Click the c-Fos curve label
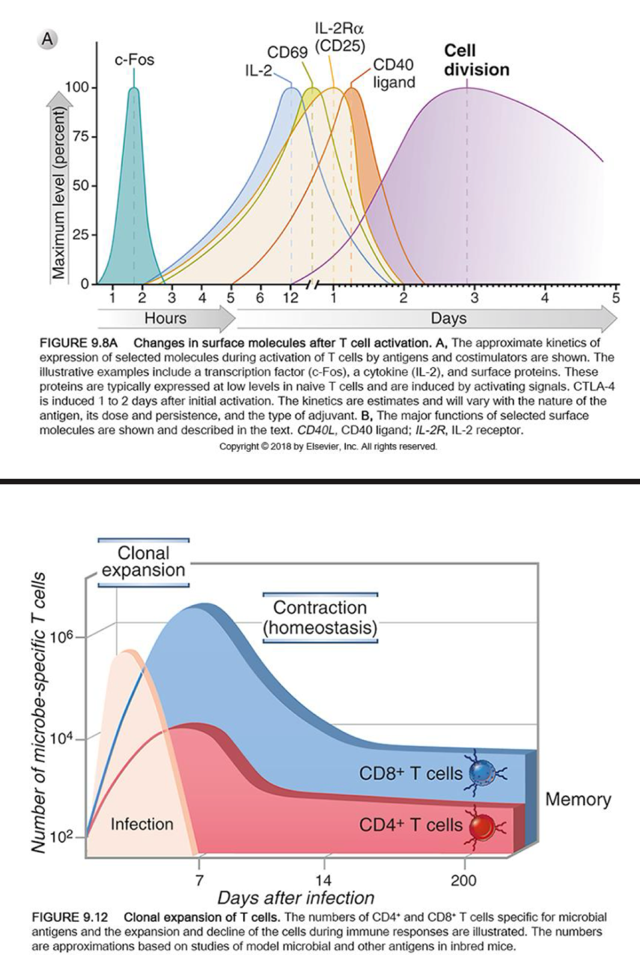pyautogui.click(x=134, y=60)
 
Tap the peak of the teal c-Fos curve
pyautogui.click(x=133, y=89)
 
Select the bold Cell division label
pyautogui.click(x=476, y=60)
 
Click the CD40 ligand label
pyautogui.click(x=393, y=73)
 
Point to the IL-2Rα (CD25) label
pyautogui.click(x=339, y=37)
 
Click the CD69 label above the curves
pyautogui.click(x=287, y=53)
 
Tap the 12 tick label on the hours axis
pyautogui.click(x=290, y=298)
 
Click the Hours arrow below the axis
pyautogui.click(x=166, y=318)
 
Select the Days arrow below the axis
pyautogui.click(x=448, y=318)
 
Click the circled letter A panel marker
pyautogui.click(x=48, y=39)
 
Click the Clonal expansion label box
pyautogui.click(x=143, y=561)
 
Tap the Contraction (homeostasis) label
pyautogui.click(x=320, y=618)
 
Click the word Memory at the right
pyautogui.click(x=578, y=799)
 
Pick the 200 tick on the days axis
pyautogui.click(x=464, y=881)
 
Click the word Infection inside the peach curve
pyautogui.click(x=142, y=824)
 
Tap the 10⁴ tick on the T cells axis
pyautogui.click(x=62, y=738)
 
